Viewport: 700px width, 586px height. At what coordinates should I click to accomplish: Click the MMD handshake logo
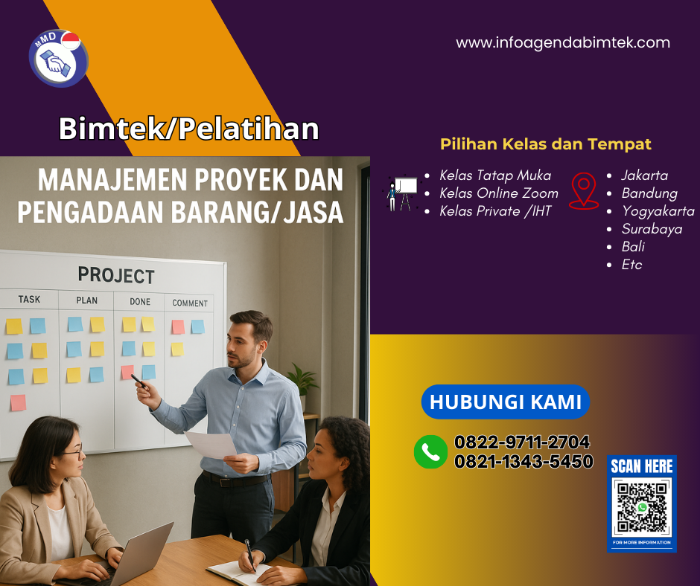[58, 58]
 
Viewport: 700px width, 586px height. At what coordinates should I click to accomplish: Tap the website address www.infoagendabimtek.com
[563, 43]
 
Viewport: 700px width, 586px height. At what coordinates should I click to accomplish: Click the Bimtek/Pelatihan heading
[189, 129]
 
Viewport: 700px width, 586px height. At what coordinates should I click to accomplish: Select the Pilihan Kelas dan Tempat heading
[546, 144]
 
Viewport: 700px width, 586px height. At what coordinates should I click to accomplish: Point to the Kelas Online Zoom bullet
[498, 193]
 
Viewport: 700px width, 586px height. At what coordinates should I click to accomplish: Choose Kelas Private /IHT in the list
[495, 211]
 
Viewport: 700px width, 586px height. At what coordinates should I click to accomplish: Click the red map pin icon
[584, 190]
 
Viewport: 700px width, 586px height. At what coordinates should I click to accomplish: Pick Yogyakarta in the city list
[658, 211]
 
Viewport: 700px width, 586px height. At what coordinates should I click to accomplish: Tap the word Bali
[633, 247]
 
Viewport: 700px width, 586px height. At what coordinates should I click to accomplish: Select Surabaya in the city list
[652, 229]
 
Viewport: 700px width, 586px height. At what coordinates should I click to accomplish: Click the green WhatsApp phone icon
[430, 451]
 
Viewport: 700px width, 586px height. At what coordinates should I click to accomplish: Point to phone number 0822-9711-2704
[522, 442]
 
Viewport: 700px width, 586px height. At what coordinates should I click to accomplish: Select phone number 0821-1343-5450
[524, 462]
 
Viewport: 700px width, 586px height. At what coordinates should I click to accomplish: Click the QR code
[641, 508]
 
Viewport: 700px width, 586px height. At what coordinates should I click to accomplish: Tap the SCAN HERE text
[641, 466]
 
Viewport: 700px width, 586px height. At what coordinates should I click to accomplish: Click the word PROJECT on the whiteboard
[116, 275]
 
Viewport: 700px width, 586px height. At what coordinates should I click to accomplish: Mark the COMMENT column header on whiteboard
[190, 303]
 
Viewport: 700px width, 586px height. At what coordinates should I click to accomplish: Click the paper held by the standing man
[211, 445]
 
